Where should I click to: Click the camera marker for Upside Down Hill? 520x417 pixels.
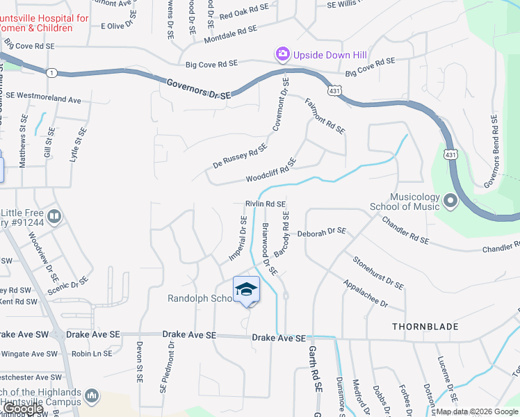coord(282,54)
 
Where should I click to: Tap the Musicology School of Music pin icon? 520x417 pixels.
coord(450,202)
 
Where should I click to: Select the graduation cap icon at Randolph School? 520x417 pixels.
coord(246,289)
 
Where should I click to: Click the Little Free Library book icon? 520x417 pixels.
coord(54,218)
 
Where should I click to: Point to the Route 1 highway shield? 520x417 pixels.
coord(52,72)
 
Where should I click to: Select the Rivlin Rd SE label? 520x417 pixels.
coord(266,204)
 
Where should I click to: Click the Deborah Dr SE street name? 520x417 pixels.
coord(322,231)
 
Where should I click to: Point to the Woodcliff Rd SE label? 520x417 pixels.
coord(271,170)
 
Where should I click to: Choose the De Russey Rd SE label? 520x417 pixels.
coord(241,156)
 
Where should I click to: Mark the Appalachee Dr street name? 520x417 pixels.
coord(365,295)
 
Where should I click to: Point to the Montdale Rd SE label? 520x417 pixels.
coord(227,32)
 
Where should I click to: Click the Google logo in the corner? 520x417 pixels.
coord(24,409)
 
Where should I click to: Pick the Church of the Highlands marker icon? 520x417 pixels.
coord(91,396)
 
